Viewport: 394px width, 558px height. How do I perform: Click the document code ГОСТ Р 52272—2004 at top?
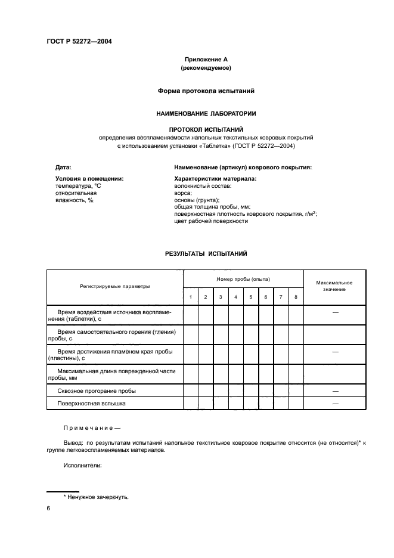[x=79, y=41]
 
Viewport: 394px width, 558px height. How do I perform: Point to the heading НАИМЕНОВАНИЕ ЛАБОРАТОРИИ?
[x=206, y=113]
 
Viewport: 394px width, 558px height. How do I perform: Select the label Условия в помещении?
[x=89, y=178]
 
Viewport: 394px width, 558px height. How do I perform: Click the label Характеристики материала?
[x=215, y=178]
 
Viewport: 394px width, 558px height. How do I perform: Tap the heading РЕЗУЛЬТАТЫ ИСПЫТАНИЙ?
[x=206, y=253]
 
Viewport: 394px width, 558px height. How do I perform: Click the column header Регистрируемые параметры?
[x=115, y=286]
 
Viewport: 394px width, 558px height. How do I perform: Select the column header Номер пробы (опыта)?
[x=243, y=278]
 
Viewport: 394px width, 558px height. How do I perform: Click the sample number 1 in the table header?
[x=190, y=297]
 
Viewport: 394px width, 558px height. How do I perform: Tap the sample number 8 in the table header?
[x=296, y=297]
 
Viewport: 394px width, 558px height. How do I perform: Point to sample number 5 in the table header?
[x=250, y=297]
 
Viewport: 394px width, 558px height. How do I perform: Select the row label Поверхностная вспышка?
[x=92, y=404]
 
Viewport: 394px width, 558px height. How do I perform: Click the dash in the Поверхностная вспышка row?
[x=335, y=404]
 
